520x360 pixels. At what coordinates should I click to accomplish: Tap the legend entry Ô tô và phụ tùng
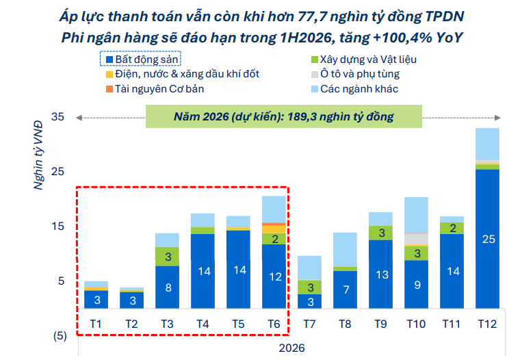(x=360, y=74)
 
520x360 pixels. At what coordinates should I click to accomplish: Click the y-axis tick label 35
(x=57, y=117)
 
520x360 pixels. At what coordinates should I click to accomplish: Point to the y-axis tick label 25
(x=57, y=172)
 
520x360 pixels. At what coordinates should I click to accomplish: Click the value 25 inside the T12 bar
(x=486, y=239)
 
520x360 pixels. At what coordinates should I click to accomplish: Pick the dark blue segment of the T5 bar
(x=237, y=270)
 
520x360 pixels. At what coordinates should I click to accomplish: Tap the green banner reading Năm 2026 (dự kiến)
(x=283, y=117)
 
